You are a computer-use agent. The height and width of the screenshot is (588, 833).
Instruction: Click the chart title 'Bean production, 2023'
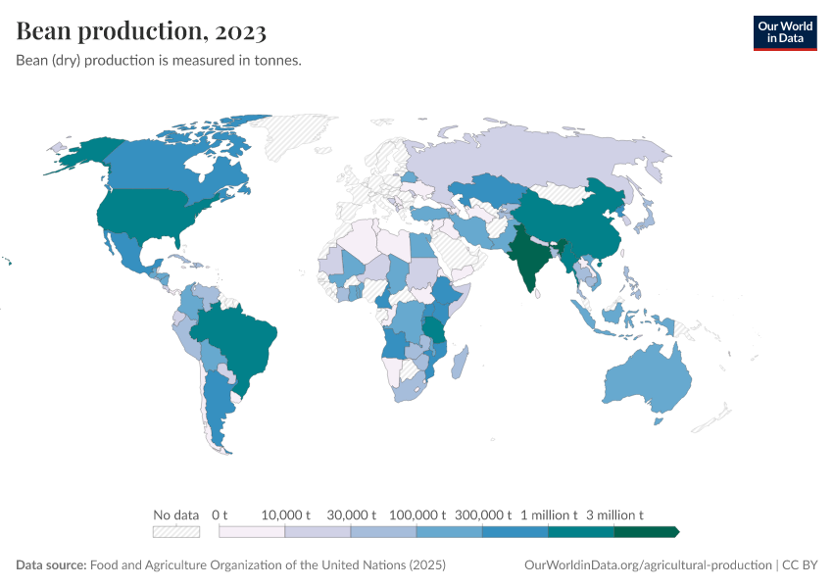pos(141,31)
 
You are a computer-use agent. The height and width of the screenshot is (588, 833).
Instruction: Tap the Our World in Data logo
pos(784,31)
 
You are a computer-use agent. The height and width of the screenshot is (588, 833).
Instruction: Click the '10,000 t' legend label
pos(285,514)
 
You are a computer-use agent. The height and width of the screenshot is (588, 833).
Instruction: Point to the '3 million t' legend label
pos(614,514)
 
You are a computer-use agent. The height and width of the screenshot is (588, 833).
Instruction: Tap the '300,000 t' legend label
pos(482,514)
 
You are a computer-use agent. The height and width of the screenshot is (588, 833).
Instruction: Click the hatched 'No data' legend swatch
pos(175,531)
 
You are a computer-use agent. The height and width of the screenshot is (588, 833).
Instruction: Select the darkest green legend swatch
pos(645,531)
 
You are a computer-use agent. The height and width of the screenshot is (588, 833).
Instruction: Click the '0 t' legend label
pos(220,514)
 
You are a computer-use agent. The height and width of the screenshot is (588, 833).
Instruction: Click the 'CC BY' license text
pos(801,565)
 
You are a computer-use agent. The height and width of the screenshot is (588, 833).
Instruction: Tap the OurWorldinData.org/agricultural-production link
pos(648,565)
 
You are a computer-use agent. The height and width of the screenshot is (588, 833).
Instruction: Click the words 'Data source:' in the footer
pos(51,565)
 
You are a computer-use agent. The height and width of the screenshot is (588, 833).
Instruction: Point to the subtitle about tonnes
pos(158,61)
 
